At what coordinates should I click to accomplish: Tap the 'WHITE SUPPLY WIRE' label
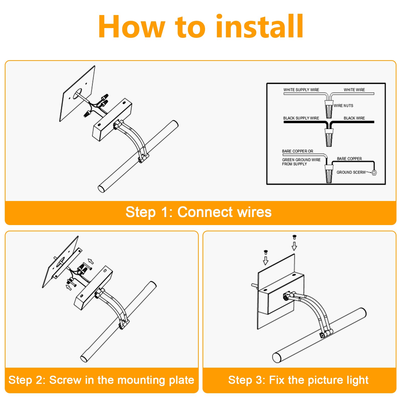click(301, 90)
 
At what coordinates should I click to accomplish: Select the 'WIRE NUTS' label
click(343, 106)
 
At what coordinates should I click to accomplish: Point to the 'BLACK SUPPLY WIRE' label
click(301, 118)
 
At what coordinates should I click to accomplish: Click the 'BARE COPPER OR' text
click(297, 151)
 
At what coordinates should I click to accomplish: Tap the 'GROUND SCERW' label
click(351, 172)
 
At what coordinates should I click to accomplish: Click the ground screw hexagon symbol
click(374, 173)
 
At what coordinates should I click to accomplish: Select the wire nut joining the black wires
click(329, 138)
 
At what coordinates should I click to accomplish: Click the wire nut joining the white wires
click(329, 109)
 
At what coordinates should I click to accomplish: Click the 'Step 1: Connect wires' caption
click(198, 212)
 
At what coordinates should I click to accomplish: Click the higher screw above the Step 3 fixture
click(294, 237)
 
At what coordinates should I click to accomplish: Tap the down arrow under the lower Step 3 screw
click(266, 261)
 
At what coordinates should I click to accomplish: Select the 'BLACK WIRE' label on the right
click(354, 118)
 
